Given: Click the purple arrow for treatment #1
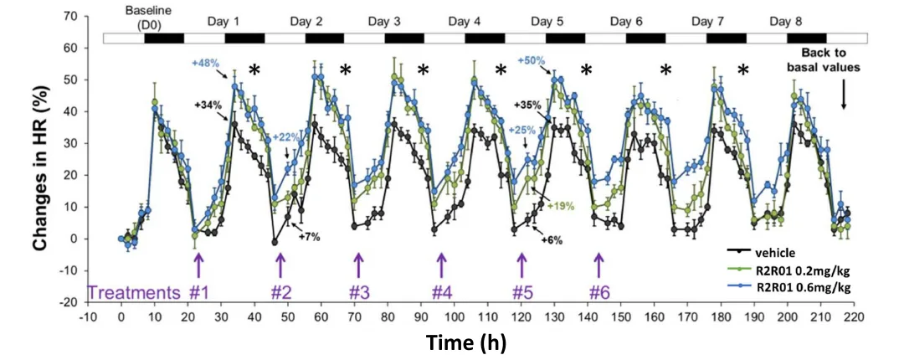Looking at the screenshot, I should (x=198, y=265).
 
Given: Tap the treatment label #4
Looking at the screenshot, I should (x=441, y=292).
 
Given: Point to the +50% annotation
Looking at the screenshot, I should (x=532, y=61).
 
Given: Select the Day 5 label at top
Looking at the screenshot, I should (x=553, y=20).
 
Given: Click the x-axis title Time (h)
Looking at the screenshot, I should (x=466, y=342).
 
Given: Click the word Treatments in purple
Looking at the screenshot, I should (x=134, y=292).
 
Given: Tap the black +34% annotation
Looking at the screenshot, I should (x=208, y=105).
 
